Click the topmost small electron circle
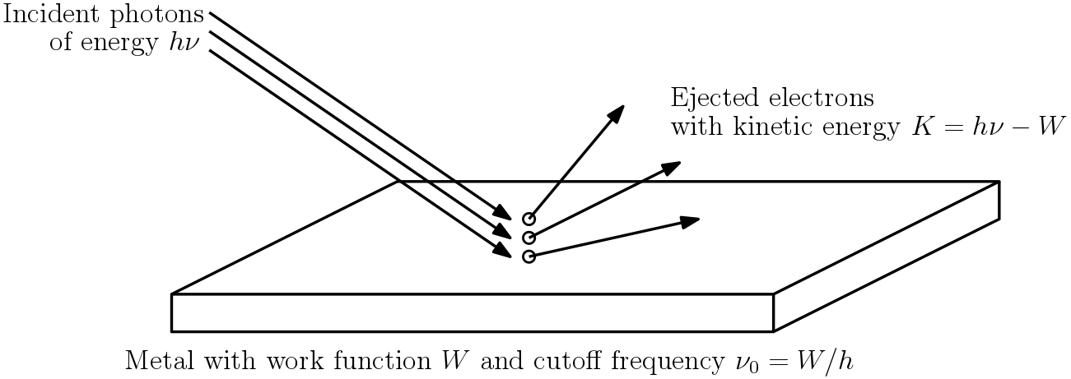click(x=529, y=219)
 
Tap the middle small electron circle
click(x=529, y=238)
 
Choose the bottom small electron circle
click(x=529, y=257)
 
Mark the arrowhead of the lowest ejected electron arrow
click(x=690, y=220)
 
